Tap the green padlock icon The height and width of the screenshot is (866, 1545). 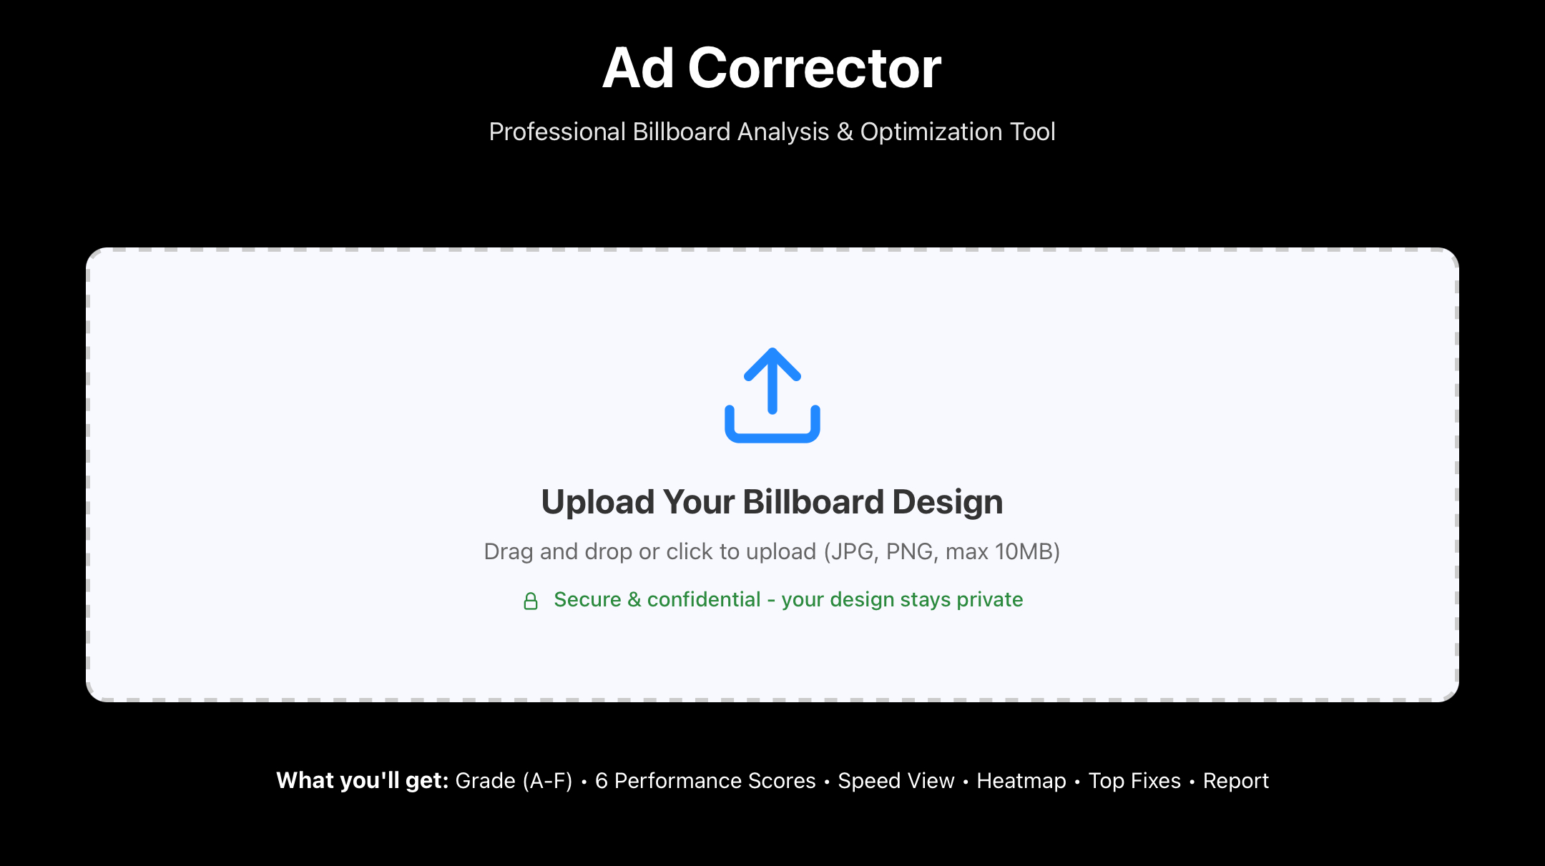coord(530,601)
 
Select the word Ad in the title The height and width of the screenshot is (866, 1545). coord(638,68)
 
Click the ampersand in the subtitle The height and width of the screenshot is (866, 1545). coord(844,132)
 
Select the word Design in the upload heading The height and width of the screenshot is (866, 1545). coord(948,502)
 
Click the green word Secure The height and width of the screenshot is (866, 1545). coord(587,599)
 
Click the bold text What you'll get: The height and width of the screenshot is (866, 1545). coord(362,780)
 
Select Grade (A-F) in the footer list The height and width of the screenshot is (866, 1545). coord(514,780)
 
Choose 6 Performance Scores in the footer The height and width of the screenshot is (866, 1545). coord(705,780)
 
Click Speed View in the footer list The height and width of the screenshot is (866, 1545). coord(896,780)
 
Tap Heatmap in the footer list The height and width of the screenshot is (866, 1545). coord(1021,780)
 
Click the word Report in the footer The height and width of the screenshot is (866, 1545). coord(1235,780)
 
